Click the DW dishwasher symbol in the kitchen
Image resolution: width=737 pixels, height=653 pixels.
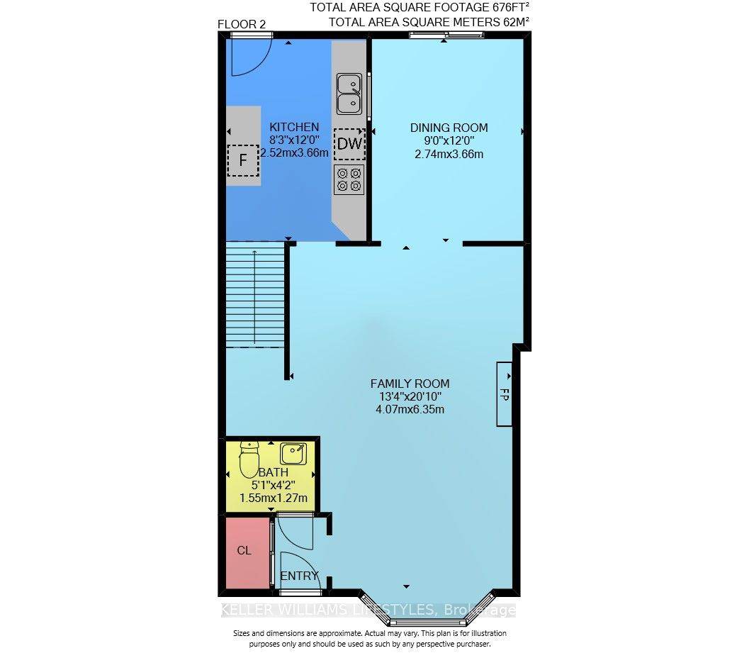coord(349,144)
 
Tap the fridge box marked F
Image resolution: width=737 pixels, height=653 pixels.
coord(243,160)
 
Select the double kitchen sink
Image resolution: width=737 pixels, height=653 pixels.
coord(349,94)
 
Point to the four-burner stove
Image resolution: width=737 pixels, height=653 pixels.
coord(349,179)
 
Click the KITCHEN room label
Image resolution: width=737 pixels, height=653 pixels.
coord(294,127)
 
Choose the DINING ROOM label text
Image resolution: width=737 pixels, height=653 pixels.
coord(449,128)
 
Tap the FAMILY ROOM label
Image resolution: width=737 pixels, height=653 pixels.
coord(410,384)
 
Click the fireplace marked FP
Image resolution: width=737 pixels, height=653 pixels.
coord(505,394)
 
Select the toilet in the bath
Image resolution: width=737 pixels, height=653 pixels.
coord(249,459)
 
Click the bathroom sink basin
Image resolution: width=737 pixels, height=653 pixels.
coord(294,454)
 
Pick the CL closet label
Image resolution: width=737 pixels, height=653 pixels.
coord(244,550)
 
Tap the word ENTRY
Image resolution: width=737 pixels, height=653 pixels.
coord(299,576)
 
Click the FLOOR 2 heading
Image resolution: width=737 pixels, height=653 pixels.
coord(242,24)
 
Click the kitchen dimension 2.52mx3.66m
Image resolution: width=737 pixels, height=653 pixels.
coord(294,152)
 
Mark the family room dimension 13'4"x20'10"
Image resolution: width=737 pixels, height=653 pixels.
coord(410,397)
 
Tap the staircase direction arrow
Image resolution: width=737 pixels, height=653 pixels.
coord(254,297)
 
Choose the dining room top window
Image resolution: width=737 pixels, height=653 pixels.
coord(446,34)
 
